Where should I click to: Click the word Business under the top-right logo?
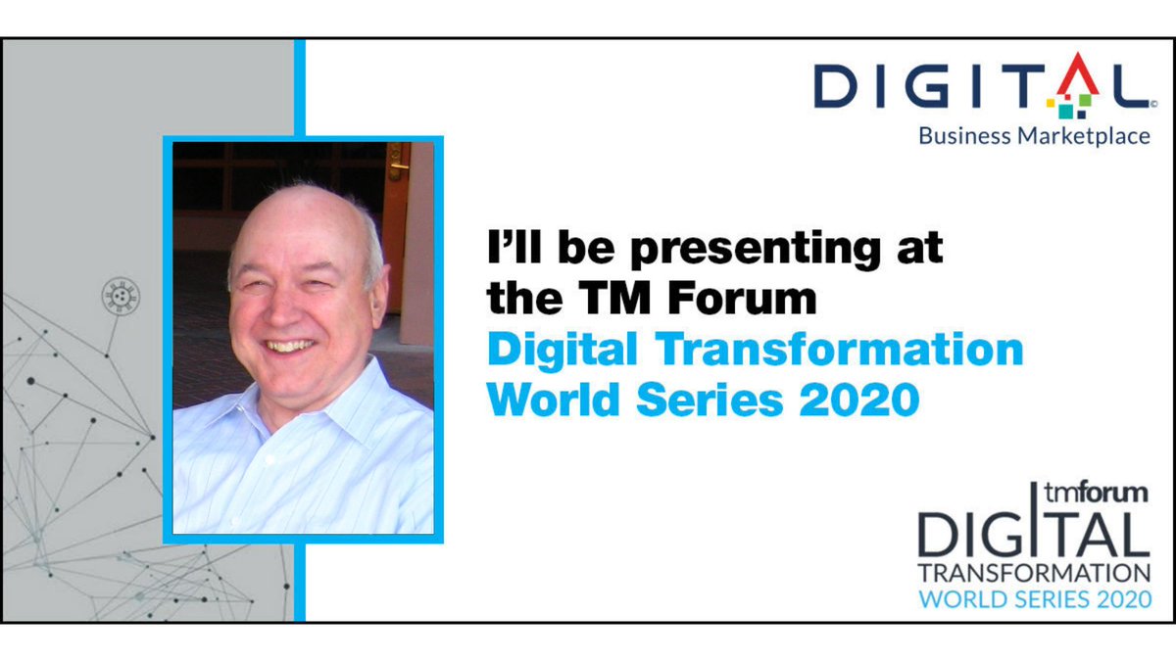coord(963,136)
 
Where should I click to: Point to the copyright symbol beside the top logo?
coord(1153,102)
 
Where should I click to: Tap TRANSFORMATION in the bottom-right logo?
coord(1034,572)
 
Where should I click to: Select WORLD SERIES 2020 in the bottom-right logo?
coord(1034,598)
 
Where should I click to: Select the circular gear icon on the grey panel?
coord(119,294)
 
